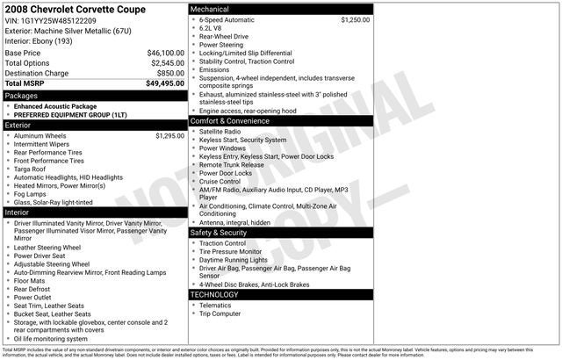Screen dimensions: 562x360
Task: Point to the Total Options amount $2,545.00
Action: (167, 63)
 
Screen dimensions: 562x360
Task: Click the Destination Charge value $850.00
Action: (170, 73)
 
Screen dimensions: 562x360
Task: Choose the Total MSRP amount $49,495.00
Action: (165, 83)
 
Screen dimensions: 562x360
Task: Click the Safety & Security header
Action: (223, 233)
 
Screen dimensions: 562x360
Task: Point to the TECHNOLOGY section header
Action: (214, 294)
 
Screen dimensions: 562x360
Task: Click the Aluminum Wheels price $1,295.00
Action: (169, 136)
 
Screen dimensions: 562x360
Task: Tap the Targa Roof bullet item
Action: (34, 169)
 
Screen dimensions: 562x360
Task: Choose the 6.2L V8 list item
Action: (212, 28)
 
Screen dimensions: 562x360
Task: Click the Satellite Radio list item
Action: (220, 132)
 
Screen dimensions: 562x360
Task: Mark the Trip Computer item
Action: (220, 313)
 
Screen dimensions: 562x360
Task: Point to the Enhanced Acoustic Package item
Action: (54, 105)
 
